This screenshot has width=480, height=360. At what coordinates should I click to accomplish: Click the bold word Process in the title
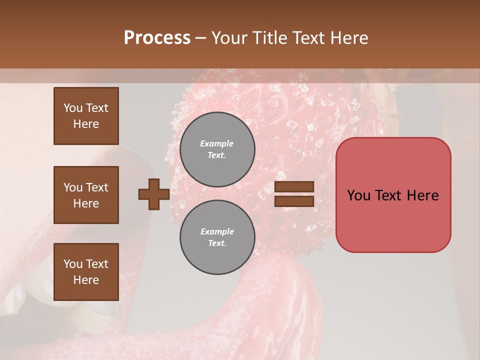coord(157,38)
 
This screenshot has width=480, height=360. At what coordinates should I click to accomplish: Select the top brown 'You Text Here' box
coord(86,116)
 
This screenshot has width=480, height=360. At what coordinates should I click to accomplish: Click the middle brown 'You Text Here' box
coord(86,195)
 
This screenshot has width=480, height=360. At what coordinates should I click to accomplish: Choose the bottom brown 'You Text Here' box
coord(86,272)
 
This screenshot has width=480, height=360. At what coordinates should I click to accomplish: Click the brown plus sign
coord(153,194)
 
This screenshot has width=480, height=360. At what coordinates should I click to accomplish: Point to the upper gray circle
coord(217,149)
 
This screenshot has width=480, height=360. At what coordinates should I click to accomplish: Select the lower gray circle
coord(217,237)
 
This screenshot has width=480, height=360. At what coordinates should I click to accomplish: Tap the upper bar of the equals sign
coord(294,187)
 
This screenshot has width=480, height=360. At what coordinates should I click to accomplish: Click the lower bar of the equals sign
coord(294,201)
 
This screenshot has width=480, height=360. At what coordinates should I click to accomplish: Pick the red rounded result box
coord(393,195)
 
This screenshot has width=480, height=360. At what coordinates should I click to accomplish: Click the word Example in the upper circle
coord(217,144)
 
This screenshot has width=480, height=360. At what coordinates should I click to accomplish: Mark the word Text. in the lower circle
coord(217,243)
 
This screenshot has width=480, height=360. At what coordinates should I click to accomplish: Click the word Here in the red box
coord(422,195)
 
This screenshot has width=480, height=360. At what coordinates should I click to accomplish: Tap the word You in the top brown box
coord(72,108)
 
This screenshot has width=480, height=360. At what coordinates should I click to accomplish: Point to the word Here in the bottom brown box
coord(86,280)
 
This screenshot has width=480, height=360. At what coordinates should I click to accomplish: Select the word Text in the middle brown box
coord(96,187)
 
